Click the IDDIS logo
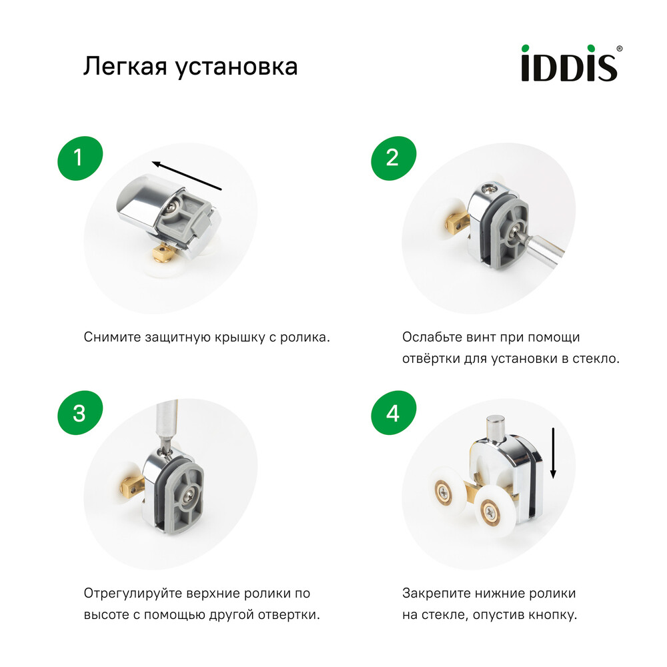pos(568,63)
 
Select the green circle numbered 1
pos(79,158)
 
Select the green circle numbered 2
pos(392,158)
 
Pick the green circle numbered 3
pos(79,414)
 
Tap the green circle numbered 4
pos(392,414)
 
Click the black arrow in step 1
pos(186,175)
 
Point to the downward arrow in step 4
pos(553,454)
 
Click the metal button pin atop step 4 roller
pos(496,427)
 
